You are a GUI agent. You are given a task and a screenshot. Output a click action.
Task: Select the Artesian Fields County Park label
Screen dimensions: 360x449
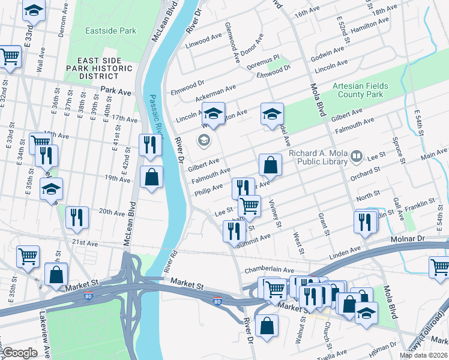(x=360, y=90)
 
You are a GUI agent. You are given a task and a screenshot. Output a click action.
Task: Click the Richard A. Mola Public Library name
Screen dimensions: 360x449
(x=318, y=157)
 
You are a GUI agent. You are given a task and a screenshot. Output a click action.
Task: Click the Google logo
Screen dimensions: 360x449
(x=20, y=353)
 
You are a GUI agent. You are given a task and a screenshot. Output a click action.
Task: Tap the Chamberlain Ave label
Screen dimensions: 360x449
(x=268, y=270)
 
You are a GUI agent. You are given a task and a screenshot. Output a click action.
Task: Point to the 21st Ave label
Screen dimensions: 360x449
(x=85, y=242)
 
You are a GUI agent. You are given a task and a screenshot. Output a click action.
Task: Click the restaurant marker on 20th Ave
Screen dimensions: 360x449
(x=77, y=217)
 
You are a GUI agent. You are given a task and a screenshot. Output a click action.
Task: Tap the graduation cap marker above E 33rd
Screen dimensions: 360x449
(x=34, y=10)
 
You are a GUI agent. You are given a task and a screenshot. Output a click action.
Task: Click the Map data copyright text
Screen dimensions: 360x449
(x=424, y=355)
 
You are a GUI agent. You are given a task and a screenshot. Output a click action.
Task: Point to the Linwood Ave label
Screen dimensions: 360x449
(x=204, y=41)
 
